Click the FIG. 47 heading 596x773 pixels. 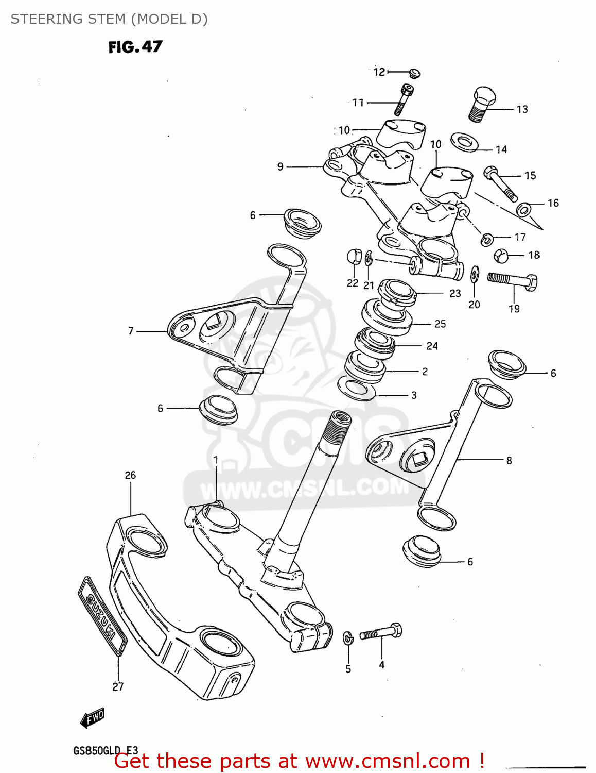click(x=135, y=47)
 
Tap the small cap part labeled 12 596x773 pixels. click(x=414, y=73)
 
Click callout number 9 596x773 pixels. click(x=281, y=166)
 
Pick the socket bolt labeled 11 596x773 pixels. click(x=404, y=99)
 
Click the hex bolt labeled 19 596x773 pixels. click(x=513, y=281)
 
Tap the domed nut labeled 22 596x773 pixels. click(x=353, y=256)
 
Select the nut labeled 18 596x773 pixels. click(x=501, y=255)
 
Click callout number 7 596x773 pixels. click(x=131, y=331)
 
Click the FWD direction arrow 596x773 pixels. click(x=93, y=718)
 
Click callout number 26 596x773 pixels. click(x=130, y=475)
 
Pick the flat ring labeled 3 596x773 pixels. click(x=356, y=388)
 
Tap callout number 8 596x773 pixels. click(x=509, y=460)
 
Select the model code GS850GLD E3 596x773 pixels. click(x=105, y=750)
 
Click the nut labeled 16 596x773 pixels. click(x=524, y=209)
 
